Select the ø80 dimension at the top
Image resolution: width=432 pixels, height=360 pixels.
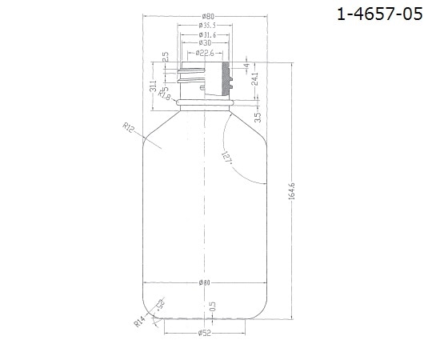(x=206, y=17)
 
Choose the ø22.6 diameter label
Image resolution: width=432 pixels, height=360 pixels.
(x=206, y=53)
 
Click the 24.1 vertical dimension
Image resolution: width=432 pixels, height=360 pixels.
(x=255, y=81)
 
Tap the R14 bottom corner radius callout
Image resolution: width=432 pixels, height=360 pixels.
(x=139, y=322)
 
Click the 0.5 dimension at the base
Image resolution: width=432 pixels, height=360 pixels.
(x=213, y=306)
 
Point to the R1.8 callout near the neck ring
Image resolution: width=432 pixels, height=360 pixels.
(x=166, y=97)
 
